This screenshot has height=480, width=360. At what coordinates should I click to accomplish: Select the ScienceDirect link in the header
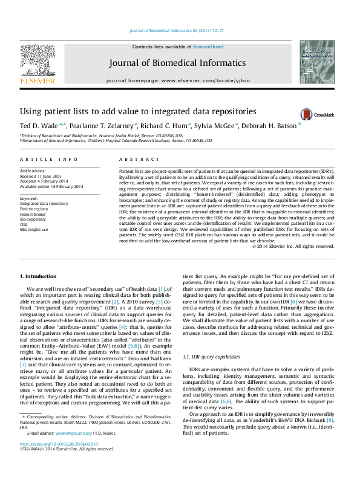[209, 47]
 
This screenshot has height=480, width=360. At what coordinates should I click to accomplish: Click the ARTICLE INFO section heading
[49, 159]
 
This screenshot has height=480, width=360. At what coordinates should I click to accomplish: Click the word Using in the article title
[30, 112]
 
